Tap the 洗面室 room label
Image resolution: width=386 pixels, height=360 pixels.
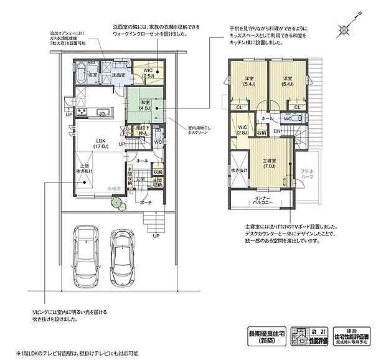point(121,75)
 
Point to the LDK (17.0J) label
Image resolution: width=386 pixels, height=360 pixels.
point(84,143)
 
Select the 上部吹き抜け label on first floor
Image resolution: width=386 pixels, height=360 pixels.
point(84,168)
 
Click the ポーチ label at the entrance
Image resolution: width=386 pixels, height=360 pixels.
point(146,202)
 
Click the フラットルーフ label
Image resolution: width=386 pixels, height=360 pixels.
point(307,173)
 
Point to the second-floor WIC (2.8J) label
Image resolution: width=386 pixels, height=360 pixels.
point(242,130)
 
